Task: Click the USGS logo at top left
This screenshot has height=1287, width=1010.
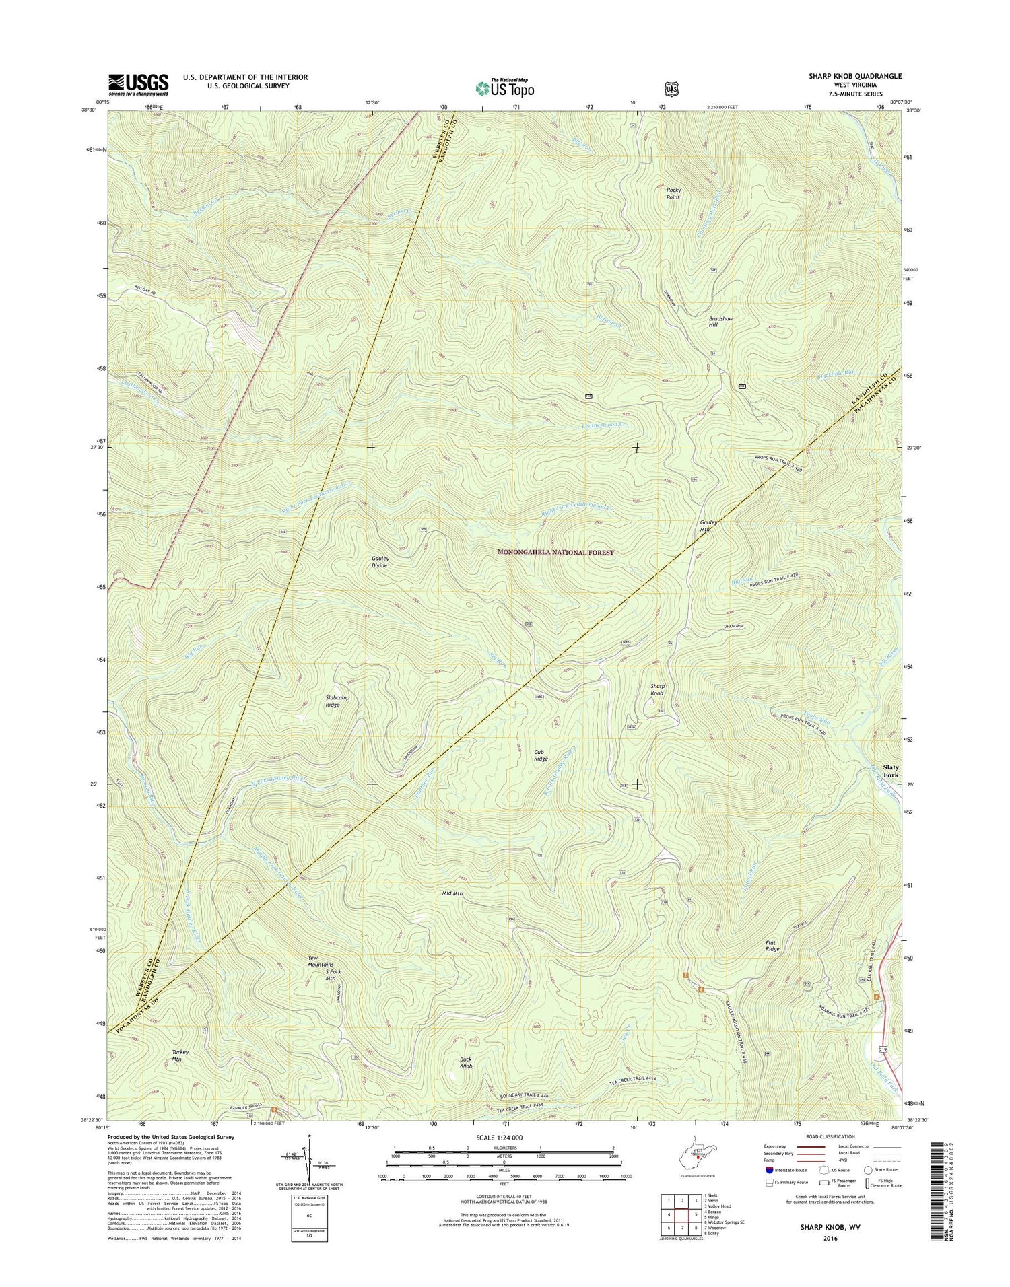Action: tap(138, 83)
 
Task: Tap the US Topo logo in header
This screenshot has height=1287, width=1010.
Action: tap(505, 88)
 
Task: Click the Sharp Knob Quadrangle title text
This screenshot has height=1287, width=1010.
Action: tap(855, 77)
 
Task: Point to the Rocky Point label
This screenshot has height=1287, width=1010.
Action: tap(673, 194)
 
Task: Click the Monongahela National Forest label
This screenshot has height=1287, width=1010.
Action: tap(555, 552)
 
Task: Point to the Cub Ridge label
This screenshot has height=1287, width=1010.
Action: tap(541, 755)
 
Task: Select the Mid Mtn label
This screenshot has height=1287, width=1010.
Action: tap(452, 893)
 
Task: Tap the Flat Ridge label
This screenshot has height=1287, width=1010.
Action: tap(772, 946)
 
